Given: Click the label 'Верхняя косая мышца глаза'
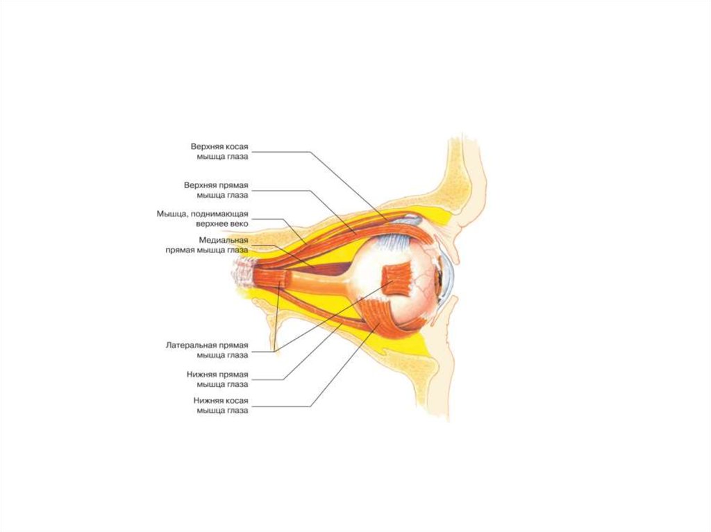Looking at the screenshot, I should [x=219, y=151].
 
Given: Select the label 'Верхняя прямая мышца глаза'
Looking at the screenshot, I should [x=216, y=190].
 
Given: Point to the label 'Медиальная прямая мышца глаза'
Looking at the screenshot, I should [x=206, y=245].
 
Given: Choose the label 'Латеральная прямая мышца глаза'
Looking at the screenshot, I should [x=207, y=350].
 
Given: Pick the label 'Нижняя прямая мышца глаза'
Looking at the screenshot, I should [x=217, y=379].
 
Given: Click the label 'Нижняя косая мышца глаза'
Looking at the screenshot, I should [x=221, y=405].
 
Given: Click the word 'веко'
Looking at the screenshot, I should [x=237, y=224].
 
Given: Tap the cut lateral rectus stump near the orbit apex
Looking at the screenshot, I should [x=275, y=280].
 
